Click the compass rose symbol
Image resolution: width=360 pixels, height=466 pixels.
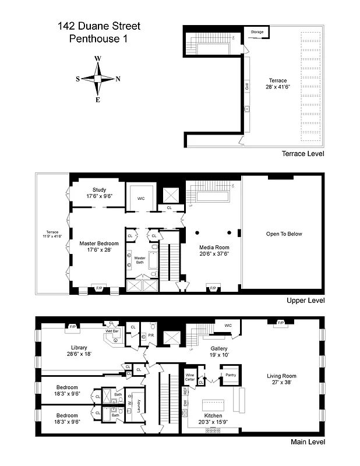tap(98, 79)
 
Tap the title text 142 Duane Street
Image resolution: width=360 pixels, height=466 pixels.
tap(98, 26)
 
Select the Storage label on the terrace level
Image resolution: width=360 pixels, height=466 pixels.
tap(257, 31)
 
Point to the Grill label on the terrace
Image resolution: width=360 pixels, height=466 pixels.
tap(247, 86)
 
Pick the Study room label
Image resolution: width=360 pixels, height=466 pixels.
tap(99, 189)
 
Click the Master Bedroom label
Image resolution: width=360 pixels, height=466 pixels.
tap(99, 243)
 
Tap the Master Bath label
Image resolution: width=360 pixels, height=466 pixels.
tap(140, 260)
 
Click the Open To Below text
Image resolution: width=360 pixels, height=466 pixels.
tap(282, 234)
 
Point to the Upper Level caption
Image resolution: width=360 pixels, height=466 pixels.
tap(305, 301)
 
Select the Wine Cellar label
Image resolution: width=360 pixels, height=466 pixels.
tap(190, 376)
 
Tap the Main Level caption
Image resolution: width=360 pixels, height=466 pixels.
tap(307, 443)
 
